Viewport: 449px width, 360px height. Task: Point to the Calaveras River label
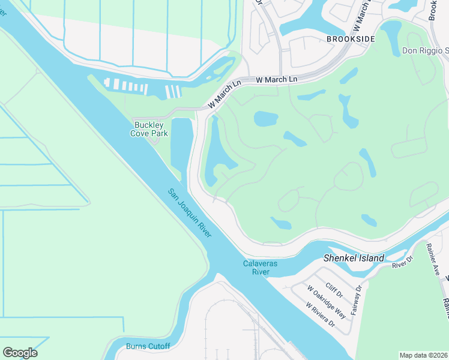tap(259, 268)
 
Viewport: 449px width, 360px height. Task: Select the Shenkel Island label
tap(354, 258)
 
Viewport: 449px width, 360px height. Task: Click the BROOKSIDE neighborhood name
tap(351, 38)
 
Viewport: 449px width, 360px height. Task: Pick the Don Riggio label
tap(425, 51)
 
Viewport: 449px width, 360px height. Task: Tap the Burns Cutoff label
tap(148, 346)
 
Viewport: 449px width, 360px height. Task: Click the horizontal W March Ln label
tap(277, 79)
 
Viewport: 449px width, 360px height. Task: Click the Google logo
tap(20, 352)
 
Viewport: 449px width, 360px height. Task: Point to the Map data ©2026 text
tap(423, 355)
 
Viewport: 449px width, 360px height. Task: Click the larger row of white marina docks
tap(125, 86)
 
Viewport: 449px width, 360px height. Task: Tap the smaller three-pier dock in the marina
tap(173, 91)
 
